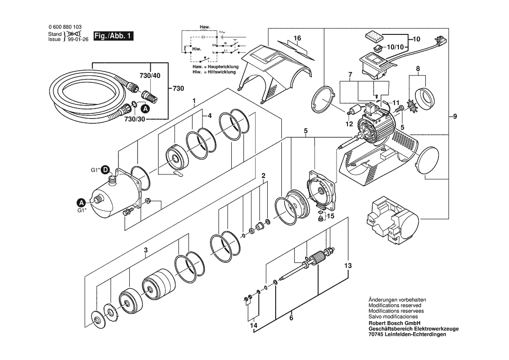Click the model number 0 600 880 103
click(x=65, y=27)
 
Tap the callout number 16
click(x=297, y=38)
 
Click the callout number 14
click(x=253, y=325)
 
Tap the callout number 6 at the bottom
click(x=291, y=318)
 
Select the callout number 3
click(x=146, y=250)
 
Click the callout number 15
click(x=330, y=215)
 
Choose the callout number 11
click(x=396, y=102)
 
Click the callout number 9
click(x=455, y=116)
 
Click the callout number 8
click(x=418, y=68)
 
